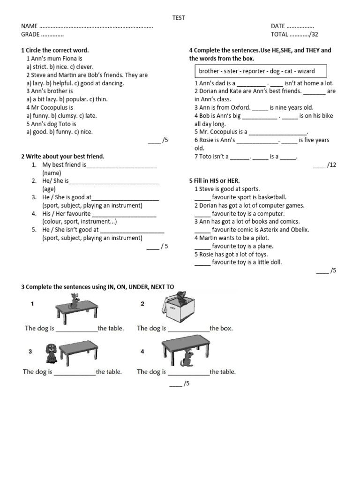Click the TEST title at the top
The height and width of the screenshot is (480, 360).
(x=179, y=18)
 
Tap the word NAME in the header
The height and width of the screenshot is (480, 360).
(x=29, y=26)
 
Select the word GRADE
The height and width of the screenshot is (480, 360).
(x=30, y=35)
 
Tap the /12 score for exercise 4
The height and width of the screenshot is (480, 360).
(x=331, y=165)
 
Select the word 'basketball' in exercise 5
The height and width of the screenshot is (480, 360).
(x=272, y=197)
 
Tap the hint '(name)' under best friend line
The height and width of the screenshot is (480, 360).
(x=52, y=173)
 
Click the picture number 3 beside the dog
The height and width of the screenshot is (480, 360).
(x=30, y=351)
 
